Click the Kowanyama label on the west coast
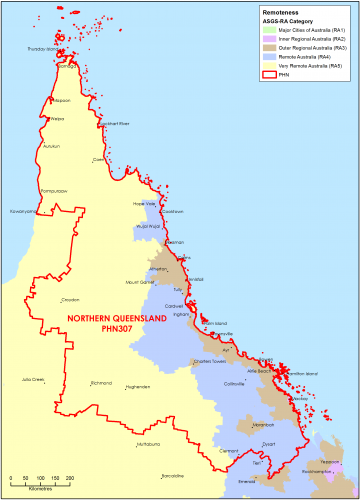[24, 211]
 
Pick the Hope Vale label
[146, 203]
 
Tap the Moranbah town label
[263, 411]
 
